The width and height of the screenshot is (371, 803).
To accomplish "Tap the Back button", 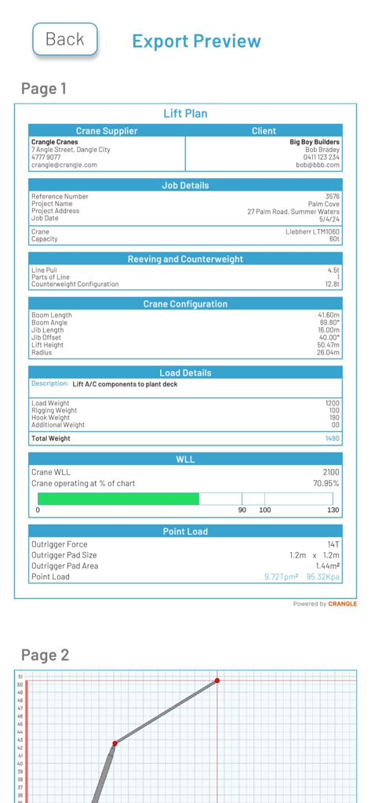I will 64,39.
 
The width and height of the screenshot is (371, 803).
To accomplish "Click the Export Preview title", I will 196,42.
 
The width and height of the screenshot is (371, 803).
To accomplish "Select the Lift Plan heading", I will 185,114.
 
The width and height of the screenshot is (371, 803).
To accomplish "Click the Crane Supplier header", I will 107,131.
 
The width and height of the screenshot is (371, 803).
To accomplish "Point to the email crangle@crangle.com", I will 64,165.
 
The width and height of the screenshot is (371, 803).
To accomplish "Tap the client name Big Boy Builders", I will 315,143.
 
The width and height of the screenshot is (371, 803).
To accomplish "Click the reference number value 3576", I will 333,197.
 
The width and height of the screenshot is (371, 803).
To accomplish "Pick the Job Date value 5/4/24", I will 329,219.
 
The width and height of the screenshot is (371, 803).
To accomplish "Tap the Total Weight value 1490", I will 333,439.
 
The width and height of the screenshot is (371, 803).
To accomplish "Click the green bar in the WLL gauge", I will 118,499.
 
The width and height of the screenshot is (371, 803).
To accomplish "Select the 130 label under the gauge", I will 333,511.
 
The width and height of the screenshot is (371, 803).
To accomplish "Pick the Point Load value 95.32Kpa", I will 322,577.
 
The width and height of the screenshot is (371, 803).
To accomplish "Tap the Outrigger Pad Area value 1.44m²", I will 326,566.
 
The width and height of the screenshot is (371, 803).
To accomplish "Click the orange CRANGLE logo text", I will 342,604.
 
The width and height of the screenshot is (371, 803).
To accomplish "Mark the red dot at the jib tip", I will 217,681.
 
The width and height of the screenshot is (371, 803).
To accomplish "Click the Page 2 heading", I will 45,655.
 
